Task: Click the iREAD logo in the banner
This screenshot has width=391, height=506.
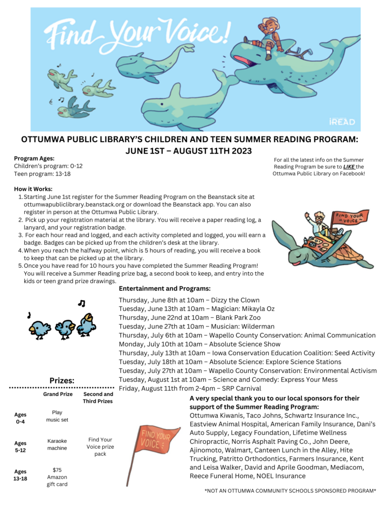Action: click(342, 121)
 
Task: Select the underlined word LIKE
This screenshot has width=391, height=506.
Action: click(349, 167)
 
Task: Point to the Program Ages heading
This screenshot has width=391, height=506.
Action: click(34, 158)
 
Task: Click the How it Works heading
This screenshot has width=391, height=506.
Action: click(33, 189)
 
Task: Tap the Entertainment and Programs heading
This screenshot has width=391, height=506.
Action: click(165, 288)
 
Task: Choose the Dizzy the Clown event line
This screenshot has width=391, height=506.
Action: click(189, 300)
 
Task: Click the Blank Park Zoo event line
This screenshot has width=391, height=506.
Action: click(189, 317)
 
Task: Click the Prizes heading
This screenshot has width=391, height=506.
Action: click(62, 380)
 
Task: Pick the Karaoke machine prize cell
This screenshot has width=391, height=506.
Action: click(57, 444)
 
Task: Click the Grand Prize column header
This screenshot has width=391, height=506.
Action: click(57, 394)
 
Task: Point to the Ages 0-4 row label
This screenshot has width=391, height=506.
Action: click(20, 418)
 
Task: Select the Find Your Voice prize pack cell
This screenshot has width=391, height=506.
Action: click(101, 446)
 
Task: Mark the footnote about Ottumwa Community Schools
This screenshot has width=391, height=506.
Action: click(290, 491)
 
